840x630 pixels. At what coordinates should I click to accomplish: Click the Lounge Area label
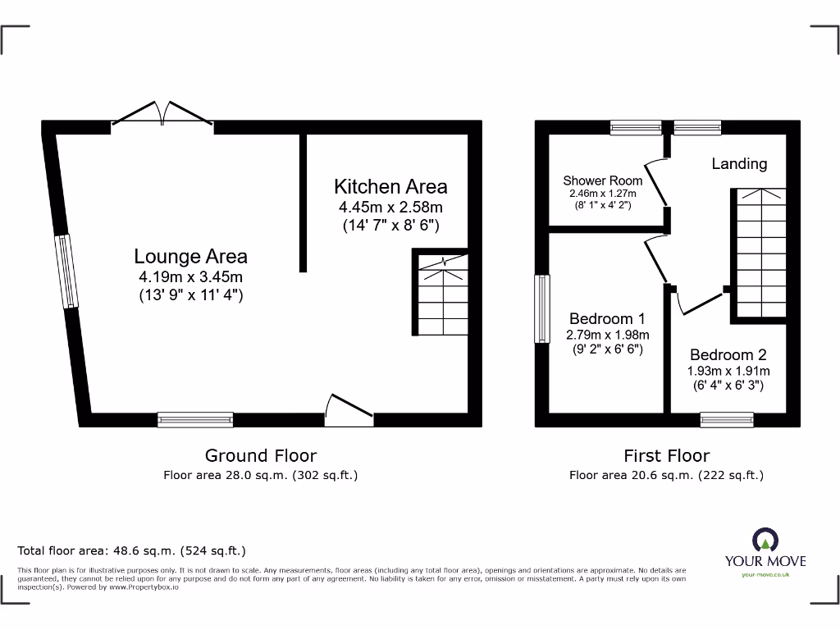point(191,258)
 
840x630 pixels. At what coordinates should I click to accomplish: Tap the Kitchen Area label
point(390,186)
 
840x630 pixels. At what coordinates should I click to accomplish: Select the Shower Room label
point(602,180)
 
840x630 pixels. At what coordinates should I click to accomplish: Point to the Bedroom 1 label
point(607,318)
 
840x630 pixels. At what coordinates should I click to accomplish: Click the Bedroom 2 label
point(728,354)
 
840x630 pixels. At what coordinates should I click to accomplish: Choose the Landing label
point(739,164)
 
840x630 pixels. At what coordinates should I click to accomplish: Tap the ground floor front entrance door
point(349,411)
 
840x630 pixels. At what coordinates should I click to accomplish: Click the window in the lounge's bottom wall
point(195,419)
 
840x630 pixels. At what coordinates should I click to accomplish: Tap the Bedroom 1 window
point(541,308)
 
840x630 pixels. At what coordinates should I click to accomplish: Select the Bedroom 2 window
point(727,420)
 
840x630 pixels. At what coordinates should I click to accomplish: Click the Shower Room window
point(636,127)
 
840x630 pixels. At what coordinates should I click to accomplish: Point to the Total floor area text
point(132,551)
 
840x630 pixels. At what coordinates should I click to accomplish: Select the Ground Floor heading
point(260,455)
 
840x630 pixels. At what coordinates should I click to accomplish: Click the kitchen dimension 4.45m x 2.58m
point(390,208)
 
